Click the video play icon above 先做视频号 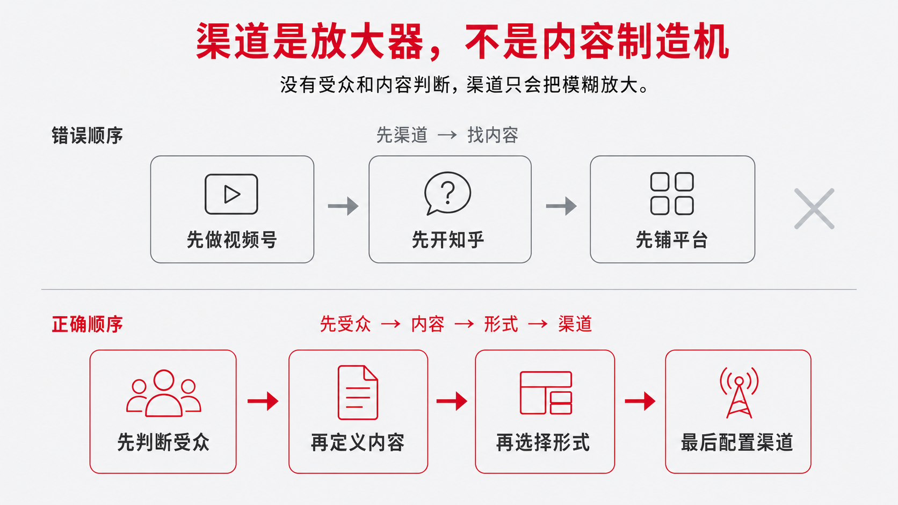tap(231, 194)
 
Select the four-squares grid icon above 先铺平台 tap(672, 194)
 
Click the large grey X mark tap(814, 209)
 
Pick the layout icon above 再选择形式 tap(546, 392)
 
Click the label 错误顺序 tap(87, 135)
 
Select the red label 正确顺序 tap(87, 324)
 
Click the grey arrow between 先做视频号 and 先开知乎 tap(343, 206)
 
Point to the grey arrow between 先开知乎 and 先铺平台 tap(561, 206)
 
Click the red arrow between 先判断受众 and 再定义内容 tap(263, 401)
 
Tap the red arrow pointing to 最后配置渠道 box tap(640, 401)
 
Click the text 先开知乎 tap(448, 240)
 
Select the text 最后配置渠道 tap(737, 443)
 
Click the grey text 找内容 tap(493, 135)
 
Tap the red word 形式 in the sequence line tap(501, 324)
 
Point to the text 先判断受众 tap(163, 443)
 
